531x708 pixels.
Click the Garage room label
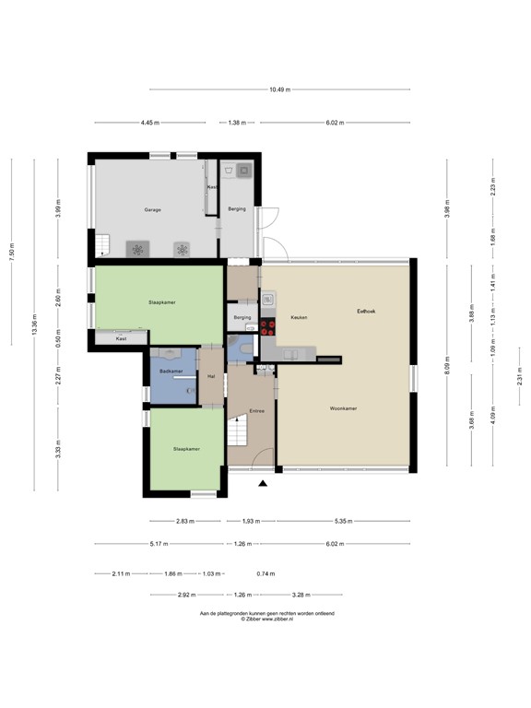click(x=152, y=210)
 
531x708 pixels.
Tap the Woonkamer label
click(x=344, y=408)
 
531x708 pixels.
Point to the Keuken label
click(x=298, y=318)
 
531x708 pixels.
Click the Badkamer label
click(x=171, y=371)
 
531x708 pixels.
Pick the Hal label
click(x=212, y=376)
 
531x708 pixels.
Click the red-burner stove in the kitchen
click(x=270, y=324)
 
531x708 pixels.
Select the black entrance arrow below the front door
click(x=264, y=482)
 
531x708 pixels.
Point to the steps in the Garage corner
click(x=101, y=244)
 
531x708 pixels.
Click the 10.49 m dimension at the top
click(x=280, y=89)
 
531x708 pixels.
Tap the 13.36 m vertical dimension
click(x=34, y=324)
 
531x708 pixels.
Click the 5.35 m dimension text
click(x=341, y=520)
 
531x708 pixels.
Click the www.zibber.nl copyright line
click(x=266, y=619)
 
